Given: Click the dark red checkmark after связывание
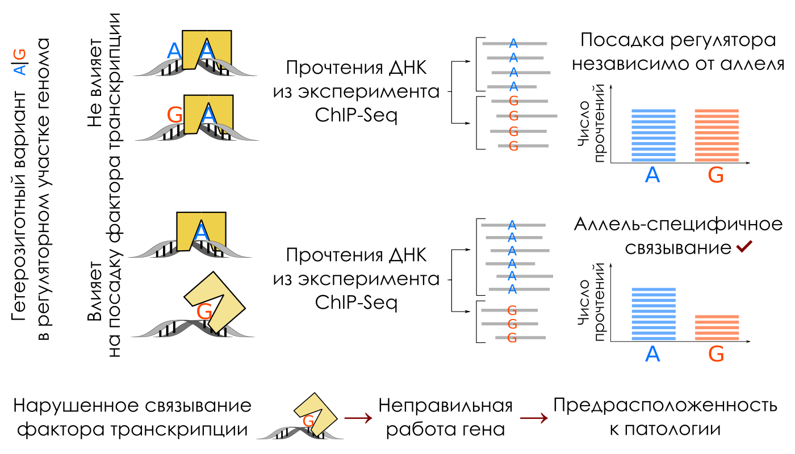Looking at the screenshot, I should pos(743,247).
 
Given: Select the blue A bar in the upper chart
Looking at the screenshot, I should pos(653,136).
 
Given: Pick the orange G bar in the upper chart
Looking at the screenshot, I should pos(717,136).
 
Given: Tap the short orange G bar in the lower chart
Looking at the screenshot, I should pos(717,327).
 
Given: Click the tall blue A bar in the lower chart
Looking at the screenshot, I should pos(653,314).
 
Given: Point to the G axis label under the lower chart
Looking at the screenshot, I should pos(717,355).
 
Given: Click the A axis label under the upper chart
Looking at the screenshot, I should pos(653,175).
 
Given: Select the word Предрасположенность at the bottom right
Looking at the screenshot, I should pos(665,406).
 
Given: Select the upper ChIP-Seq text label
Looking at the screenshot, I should pos(356,115).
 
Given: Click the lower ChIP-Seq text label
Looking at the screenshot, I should pos(356,302).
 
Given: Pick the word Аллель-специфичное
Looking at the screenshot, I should pos(678,225).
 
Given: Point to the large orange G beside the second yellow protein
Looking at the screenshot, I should pos(175,115).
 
